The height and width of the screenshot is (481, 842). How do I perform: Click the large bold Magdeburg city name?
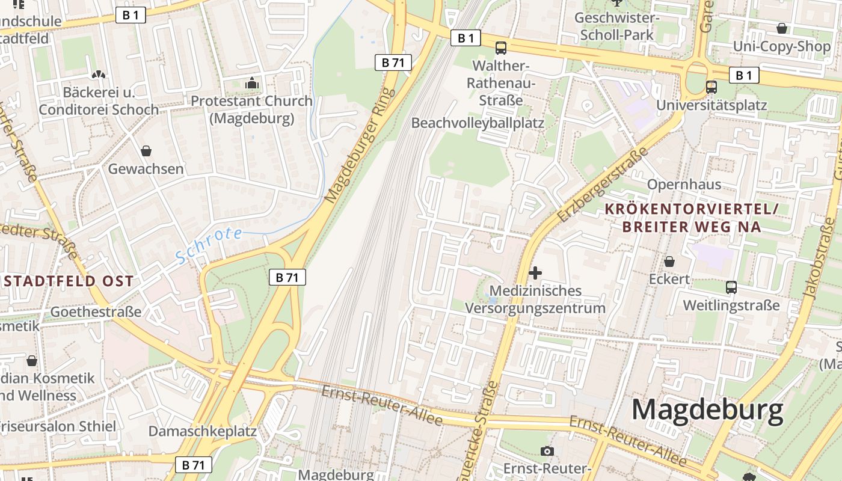[x=707, y=410]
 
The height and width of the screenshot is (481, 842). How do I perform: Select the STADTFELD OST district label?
[x=68, y=281]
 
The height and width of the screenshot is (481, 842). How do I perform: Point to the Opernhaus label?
[x=684, y=184]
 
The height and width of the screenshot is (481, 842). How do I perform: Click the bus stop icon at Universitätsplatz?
[x=711, y=87]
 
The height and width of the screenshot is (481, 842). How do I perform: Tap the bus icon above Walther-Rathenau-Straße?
[x=500, y=48]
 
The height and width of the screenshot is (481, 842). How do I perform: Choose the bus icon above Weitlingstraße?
[x=731, y=287]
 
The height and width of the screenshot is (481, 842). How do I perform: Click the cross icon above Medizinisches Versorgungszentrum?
[x=535, y=273]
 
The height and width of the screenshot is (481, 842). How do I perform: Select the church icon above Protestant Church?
[x=252, y=83]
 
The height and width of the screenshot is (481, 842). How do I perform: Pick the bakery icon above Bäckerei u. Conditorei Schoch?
[x=98, y=75]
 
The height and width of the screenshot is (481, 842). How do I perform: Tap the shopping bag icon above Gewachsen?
[x=146, y=151]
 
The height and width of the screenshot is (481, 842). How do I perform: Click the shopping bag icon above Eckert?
[x=669, y=262]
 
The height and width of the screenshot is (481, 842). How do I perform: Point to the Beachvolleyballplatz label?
[x=478, y=123]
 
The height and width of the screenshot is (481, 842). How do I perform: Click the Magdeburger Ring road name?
[x=360, y=145]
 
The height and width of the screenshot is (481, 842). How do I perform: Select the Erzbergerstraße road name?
[x=603, y=183]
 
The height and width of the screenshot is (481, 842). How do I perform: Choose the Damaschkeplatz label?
[x=203, y=431]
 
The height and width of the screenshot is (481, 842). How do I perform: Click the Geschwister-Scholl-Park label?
[x=617, y=26]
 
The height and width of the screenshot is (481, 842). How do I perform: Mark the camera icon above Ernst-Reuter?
[x=547, y=451]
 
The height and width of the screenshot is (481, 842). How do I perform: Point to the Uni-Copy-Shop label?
[x=781, y=46]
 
